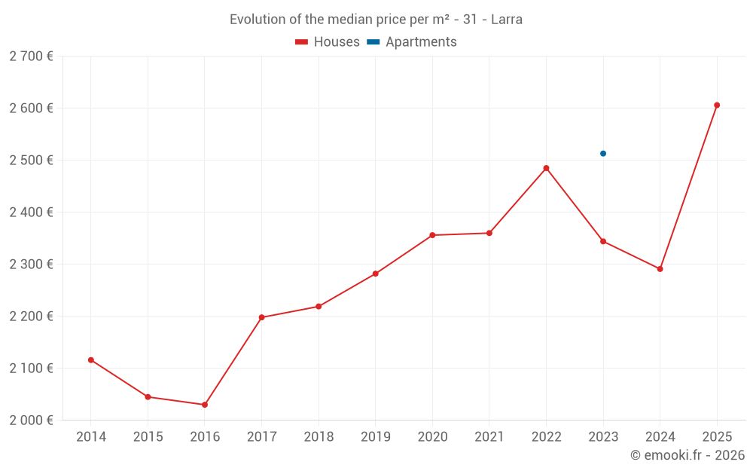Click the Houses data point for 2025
[x=717, y=106]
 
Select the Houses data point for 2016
[x=205, y=405]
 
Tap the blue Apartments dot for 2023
[x=603, y=154]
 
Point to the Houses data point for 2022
[x=546, y=168]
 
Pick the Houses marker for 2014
[x=91, y=360]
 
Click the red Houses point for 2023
[x=603, y=241]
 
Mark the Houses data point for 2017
[x=261, y=317]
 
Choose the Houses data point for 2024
[x=660, y=269]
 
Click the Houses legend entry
[x=328, y=42]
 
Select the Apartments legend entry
[x=412, y=42]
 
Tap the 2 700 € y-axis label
[x=31, y=57]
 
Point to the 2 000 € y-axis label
[x=31, y=421]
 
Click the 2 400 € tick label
[x=31, y=213]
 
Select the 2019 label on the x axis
[x=376, y=437]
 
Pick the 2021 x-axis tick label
[x=489, y=437]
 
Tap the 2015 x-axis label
[x=148, y=437]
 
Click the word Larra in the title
[x=507, y=20]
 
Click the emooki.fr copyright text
[x=687, y=455]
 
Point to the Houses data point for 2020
[x=432, y=235]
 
